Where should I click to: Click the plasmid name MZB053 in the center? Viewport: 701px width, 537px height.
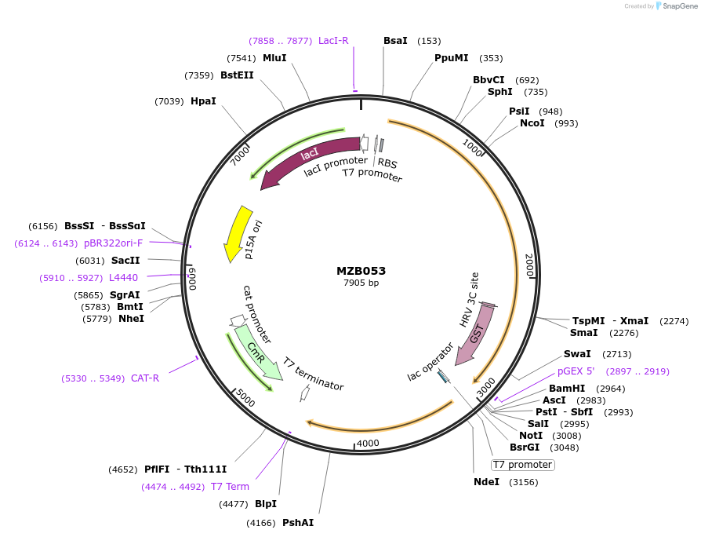click(361, 271)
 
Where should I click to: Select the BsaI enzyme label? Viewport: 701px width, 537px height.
click(395, 41)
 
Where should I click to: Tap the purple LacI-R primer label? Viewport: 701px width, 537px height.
click(333, 41)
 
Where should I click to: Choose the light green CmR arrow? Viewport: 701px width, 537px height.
click(259, 353)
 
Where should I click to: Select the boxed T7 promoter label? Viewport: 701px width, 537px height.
click(522, 465)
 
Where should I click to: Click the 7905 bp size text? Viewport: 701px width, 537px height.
click(361, 283)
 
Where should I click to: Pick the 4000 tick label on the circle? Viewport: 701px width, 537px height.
click(368, 444)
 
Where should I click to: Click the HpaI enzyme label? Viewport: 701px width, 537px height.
click(203, 100)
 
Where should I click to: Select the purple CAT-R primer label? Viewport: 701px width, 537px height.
click(145, 378)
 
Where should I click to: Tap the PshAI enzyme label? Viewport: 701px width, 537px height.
click(298, 522)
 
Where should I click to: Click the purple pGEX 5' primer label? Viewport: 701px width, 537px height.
click(576, 371)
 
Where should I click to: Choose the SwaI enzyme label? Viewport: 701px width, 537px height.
click(577, 354)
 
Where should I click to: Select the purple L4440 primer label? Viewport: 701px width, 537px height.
click(123, 278)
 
